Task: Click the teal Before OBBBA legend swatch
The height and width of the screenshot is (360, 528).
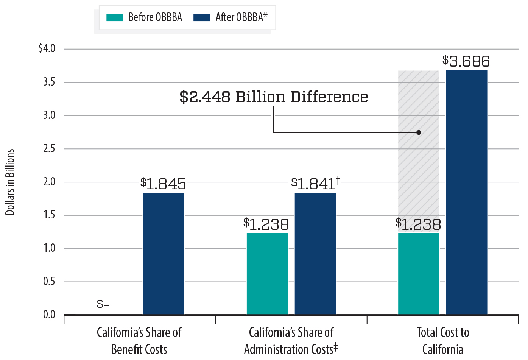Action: click(115, 17)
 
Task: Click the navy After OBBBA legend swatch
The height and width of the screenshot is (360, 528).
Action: click(201, 17)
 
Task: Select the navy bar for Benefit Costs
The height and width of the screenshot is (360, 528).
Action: click(164, 254)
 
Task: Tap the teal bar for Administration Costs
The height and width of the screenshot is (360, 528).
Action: click(267, 274)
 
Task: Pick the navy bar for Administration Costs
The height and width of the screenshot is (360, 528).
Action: click(315, 254)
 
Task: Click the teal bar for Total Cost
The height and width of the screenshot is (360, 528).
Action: click(419, 274)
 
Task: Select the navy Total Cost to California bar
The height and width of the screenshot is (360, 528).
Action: click(467, 192)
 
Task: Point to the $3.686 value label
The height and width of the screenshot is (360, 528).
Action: click(466, 61)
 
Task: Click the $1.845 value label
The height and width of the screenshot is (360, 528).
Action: click(163, 184)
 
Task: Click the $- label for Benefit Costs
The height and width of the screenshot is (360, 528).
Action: click(103, 304)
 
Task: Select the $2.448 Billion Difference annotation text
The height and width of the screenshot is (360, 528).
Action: click(274, 97)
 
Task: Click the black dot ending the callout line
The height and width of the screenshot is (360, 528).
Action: click(419, 132)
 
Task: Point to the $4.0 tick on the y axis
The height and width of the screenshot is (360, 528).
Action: click(47, 49)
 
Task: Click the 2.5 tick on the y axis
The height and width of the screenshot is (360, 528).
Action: click(49, 148)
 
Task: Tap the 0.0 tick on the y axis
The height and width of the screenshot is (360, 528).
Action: click(49, 315)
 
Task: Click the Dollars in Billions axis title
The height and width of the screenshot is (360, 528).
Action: click(10, 182)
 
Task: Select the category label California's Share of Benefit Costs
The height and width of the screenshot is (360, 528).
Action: click(139, 341)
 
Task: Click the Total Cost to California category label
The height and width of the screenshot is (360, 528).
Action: click(442, 341)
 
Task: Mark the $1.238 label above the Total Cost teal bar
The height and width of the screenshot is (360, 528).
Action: click(418, 224)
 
